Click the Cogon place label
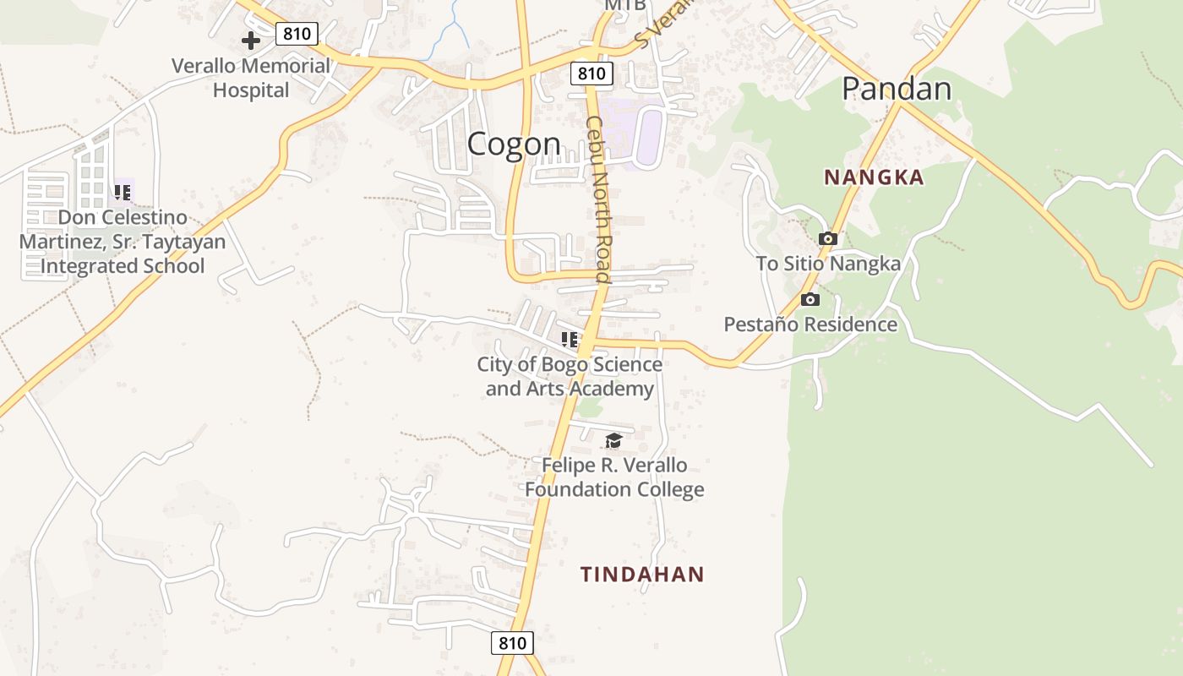coord(514,144)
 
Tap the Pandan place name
coord(897,89)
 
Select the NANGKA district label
coord(874,177)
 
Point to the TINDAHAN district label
coord(642,575)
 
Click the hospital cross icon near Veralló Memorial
coord(251,40)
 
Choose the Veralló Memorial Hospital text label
coord(251,78)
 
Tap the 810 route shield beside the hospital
coord(297,34)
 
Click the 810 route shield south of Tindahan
coord(512,642)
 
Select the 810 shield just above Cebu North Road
coord(591,74)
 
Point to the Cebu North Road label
coord(598,199)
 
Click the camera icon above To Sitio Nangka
coord(828,239)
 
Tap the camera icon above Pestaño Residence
coord(810,300)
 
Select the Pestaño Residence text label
coord(810,324)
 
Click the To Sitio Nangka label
coord(828,264)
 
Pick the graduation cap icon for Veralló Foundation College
coord(613,440)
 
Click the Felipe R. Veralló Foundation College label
coord(614,477)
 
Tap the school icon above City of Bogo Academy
coord(570,340)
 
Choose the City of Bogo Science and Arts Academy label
coord(570,377)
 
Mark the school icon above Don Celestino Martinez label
coord(123,193)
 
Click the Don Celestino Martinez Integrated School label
coord(123,242)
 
